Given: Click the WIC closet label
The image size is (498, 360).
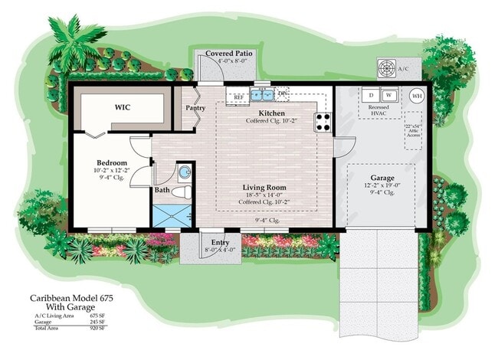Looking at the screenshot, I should (x=122, y=107).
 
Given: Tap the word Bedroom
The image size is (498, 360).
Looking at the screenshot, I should (x=110, y=162).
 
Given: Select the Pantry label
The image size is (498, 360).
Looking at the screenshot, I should (x=195, y=108).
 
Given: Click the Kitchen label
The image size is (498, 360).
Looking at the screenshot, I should (x=272, y=113).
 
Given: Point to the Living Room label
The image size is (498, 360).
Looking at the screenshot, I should (x=264, y=187).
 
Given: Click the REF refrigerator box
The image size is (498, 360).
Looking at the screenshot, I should (x=238, y=98).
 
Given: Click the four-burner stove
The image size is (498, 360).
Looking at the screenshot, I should (x=323, y=121).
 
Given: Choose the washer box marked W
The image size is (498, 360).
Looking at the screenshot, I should (x=389, y=95).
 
